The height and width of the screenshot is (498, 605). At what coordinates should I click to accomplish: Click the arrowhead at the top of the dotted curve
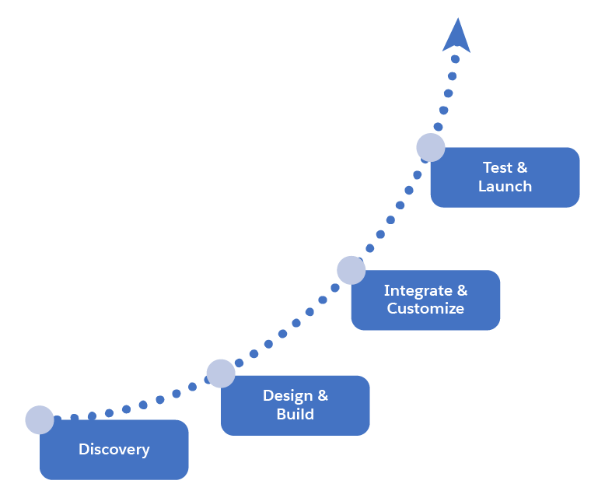(x=456, y=37)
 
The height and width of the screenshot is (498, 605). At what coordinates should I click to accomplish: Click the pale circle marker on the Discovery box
(x=40, y=419)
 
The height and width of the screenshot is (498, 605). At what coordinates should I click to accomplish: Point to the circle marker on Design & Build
(x=221, y=373)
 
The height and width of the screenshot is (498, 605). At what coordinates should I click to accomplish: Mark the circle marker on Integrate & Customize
(x=351, y=270)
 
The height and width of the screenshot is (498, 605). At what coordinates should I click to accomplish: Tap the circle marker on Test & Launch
(x=431, y=147)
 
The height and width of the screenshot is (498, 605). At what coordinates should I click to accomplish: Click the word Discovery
(x=114, y=449)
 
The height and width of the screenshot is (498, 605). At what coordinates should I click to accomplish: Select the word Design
(x=287, y=395)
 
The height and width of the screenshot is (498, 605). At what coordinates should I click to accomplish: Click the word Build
(x=296, y=414)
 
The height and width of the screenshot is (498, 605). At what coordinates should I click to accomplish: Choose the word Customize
(x=425, y=308)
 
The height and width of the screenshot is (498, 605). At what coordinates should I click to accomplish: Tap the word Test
(x=498, y=167)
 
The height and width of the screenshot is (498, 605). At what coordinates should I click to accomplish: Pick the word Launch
(x=505, y=186)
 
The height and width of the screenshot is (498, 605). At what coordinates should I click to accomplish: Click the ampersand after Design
(x=322, y=395)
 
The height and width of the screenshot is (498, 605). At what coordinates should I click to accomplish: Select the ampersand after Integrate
(x=462, y=290)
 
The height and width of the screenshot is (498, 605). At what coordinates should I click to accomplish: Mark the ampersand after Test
(x=521, y=167)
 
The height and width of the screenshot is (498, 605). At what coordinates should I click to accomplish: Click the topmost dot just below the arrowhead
(x=455, y=58)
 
